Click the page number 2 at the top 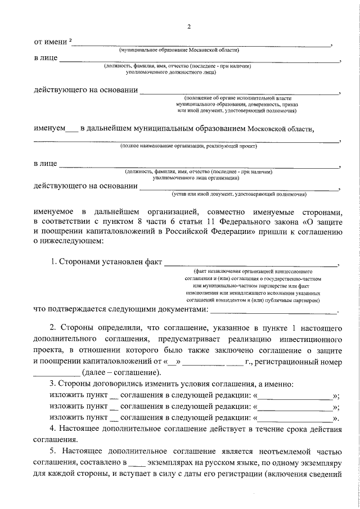click(189, 26)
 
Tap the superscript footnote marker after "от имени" click(70, 40)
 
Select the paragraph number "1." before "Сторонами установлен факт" click(54, 262)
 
